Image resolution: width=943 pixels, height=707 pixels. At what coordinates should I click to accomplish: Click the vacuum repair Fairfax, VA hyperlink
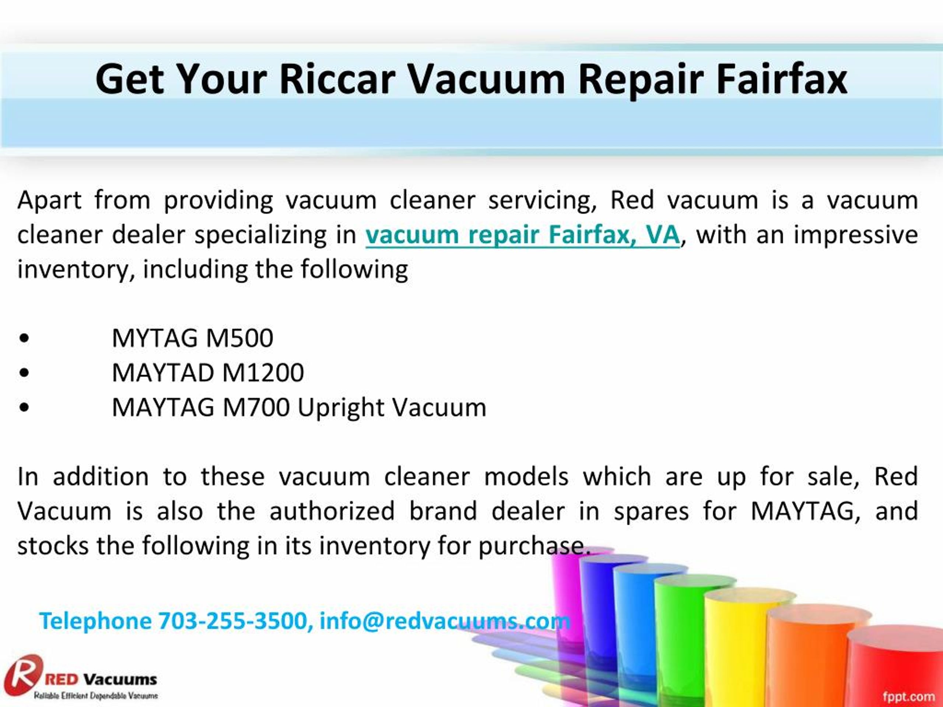522,235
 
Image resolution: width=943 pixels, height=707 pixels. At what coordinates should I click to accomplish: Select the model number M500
239,338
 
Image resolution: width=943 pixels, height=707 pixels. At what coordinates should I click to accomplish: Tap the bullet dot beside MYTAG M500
24,339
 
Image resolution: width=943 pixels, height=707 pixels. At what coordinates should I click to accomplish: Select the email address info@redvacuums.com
445,620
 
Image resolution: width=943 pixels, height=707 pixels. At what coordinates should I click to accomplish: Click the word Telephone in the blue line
95,620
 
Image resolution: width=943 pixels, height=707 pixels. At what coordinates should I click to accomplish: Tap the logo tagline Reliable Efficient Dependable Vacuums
96,696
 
